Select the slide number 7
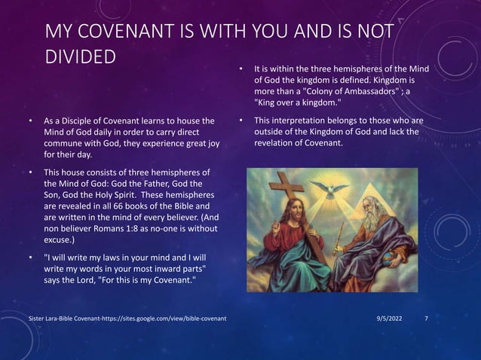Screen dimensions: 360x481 (x=427, y=319)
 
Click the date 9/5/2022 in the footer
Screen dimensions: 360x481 (x=390, y=319)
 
